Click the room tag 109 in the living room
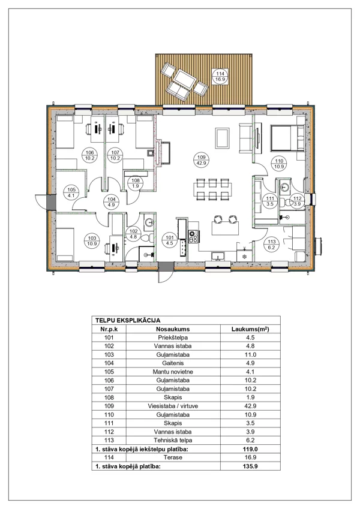tap(202, 160)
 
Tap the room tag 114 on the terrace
tap(220, 76)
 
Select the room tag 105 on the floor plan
tap(71, 192)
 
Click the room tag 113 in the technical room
tap(272, 245)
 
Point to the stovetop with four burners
tap(194, 236)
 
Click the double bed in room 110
tap(287, 138)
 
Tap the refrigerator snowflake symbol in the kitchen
tap(245, 257)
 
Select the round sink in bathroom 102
tap(149, 222)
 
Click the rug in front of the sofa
tap(222, 137)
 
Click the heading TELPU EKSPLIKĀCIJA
tap(128, 320)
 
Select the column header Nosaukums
tap(173, 329)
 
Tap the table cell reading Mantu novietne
tap(173, 372)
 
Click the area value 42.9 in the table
tap(251, 406)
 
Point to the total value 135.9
tap(251, 466)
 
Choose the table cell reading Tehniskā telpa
tap(173, 440)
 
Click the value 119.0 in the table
tap(251, 449)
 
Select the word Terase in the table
tap(173, 457)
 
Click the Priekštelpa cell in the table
tap(173, 338)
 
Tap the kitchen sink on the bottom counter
tap(218, 257)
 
